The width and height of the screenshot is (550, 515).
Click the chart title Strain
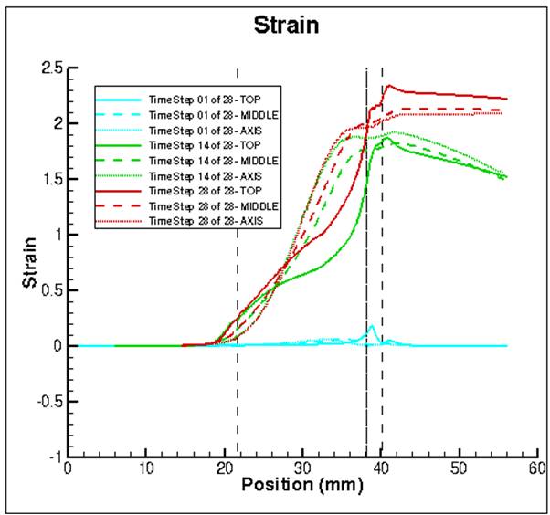point(287,25)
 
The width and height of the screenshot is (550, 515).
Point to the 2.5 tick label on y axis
point(51,68)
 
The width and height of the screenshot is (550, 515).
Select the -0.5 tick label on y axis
point(48,402)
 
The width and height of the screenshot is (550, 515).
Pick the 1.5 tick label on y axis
point(51,180)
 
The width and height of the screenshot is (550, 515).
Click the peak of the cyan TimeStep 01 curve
point(372,326)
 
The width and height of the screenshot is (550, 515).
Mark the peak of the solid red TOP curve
point(389,86)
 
